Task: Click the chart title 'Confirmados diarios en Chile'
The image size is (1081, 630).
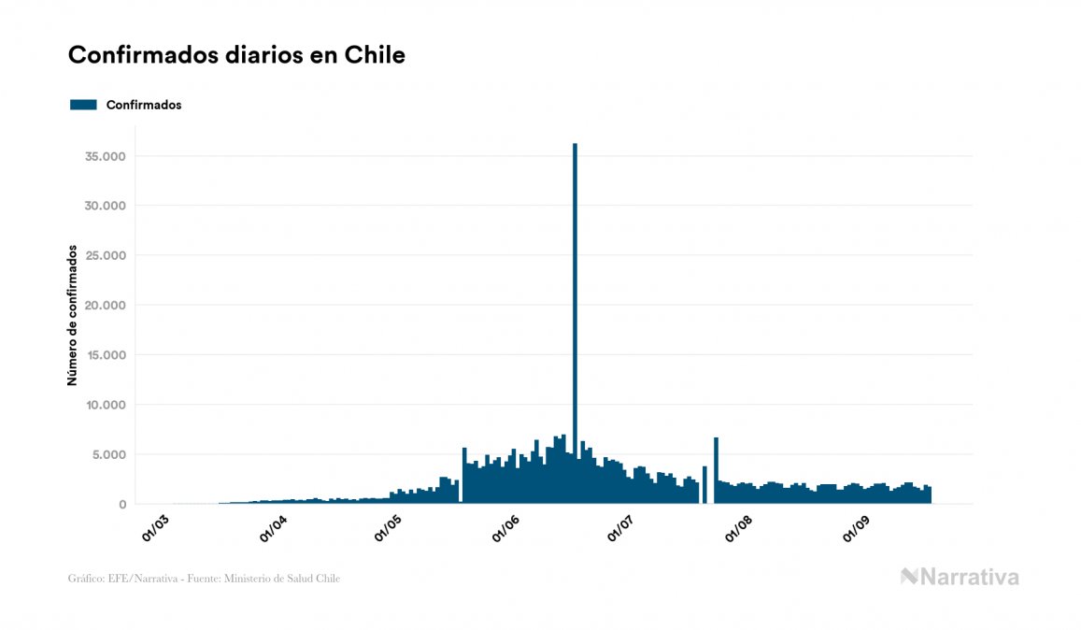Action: point(236,55)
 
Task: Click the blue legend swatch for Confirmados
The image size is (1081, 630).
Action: point(83,105)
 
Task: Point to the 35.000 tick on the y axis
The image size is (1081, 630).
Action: point(105,156)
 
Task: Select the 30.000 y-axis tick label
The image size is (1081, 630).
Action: point(105,206)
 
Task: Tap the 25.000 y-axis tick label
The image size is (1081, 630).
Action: point(105,255)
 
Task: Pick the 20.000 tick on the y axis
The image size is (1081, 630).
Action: point(105,306)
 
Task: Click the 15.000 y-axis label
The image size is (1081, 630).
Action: point(105,355)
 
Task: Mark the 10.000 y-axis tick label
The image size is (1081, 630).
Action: point(105,405)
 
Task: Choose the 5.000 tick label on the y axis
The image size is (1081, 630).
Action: point(108,455)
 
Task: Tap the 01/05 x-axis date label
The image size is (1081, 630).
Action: point(390,526)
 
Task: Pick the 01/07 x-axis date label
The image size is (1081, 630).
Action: point(621,526)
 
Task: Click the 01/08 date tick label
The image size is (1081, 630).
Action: point(739,526)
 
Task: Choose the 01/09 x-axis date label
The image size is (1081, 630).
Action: point(857,526)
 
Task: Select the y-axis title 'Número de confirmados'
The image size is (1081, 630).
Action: point(72,315)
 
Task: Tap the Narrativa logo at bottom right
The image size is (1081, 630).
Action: point(960,577)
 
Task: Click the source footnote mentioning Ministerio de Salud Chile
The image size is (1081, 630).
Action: point(204,579)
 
